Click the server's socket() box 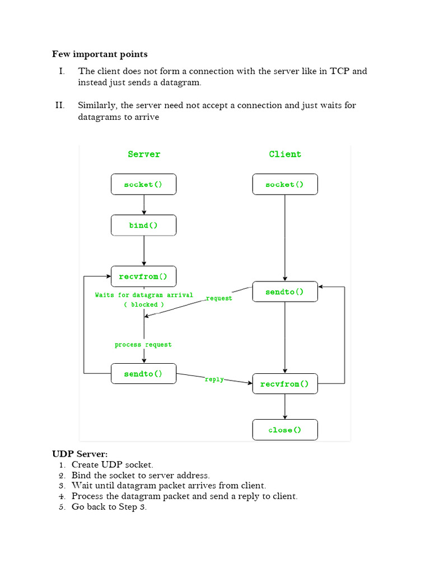click(x=143, y=184)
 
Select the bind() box click(x=143, y=226)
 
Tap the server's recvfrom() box click(x=143, y=276)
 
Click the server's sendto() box click(x=143, y=374)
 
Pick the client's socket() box click(x=284, y=184)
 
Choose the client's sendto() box click(x=284, y=292)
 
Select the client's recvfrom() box click(x=284, y=384)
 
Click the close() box click(x=284, y=430)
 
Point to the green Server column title click(x=144, y=154)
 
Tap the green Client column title click(x=285, y=154)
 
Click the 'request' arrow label click(x=219, y=298)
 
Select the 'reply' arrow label click(x=214, y=379)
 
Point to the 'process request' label click(x=143, y=345)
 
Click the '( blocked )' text click(x=144, y=304)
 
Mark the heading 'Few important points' click(x=100, y=54)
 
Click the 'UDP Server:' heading click(x=80, y=454)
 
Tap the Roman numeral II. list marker click(x=60, y=105)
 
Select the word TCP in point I click(x=341, y=71)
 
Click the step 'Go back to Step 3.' click(x=109, y=507)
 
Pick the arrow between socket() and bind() click(x=144, y=205)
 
